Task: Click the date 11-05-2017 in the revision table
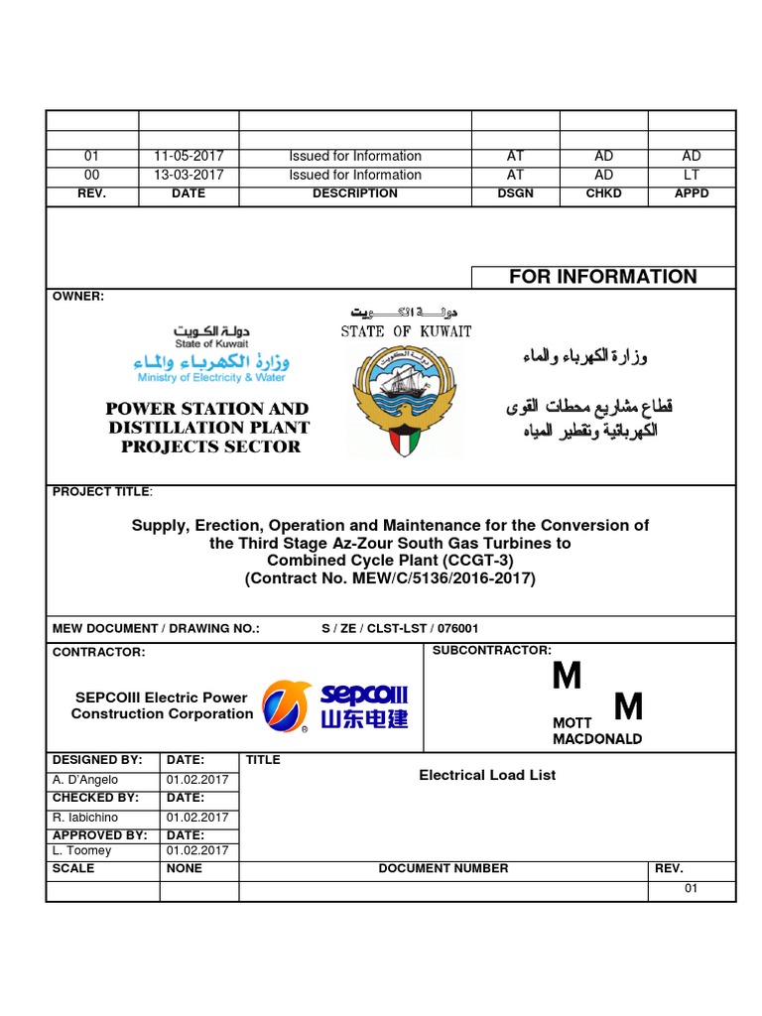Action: pyautogui.click(x=189, y=156)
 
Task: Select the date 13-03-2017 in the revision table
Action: pyautogui.click(x=189, y=175)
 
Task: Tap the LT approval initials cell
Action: pyautogui.click(x=692, y=175)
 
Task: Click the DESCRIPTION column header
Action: pyautogui.click(x=355, y=193)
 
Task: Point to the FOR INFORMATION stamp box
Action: pyautogui.click(x=602, y=277)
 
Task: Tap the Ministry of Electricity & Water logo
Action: pyautogui.click(x=211, y=354)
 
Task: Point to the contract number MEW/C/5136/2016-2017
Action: pyautogui.click(x=390, y=578)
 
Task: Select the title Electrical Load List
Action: pyautogui.click(x=487, y=775)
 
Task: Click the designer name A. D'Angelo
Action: pyautogui.click(x=84, y=780)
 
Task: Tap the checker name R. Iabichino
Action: pyautogui.click(x=86, y=818)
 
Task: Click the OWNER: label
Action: pyautogui.click(x=77, y=297)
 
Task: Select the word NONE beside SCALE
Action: pyautogui.click(x=185, y=868)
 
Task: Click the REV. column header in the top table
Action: pyautogui.click(x=91, y=193)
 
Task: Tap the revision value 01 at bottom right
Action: pyautogui.click(x=692, y=888)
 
